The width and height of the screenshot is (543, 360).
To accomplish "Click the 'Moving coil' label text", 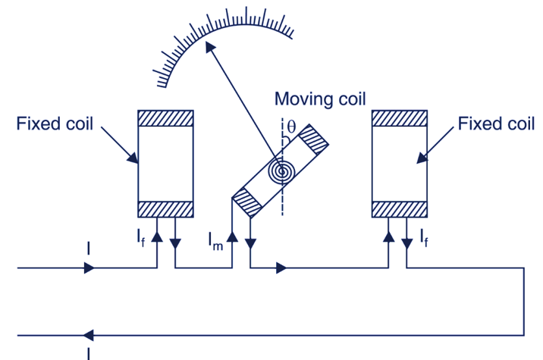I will (319, 99).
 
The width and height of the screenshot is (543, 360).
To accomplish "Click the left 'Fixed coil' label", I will (55, 124).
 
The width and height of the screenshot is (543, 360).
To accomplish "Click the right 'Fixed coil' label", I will (496, 124).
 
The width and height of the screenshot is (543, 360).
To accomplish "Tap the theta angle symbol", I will (291, 126).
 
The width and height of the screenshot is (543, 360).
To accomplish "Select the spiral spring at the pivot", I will (282, 171).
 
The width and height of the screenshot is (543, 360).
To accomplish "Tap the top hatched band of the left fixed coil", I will (166, 118).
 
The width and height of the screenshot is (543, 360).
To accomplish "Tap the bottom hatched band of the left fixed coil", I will (166, 208).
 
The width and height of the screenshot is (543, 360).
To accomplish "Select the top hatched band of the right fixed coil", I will (400, 118).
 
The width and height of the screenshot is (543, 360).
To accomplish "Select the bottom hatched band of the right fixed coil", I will (400, 208).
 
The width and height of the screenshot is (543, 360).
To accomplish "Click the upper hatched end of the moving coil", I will (313, 142).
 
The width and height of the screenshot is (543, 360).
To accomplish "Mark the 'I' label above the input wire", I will (89, 249).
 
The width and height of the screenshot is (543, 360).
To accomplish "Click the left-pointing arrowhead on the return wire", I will (88, 334).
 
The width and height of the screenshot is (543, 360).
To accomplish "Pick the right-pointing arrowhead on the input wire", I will (89, 268).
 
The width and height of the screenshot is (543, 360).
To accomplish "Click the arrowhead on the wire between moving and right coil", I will (281, 268).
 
